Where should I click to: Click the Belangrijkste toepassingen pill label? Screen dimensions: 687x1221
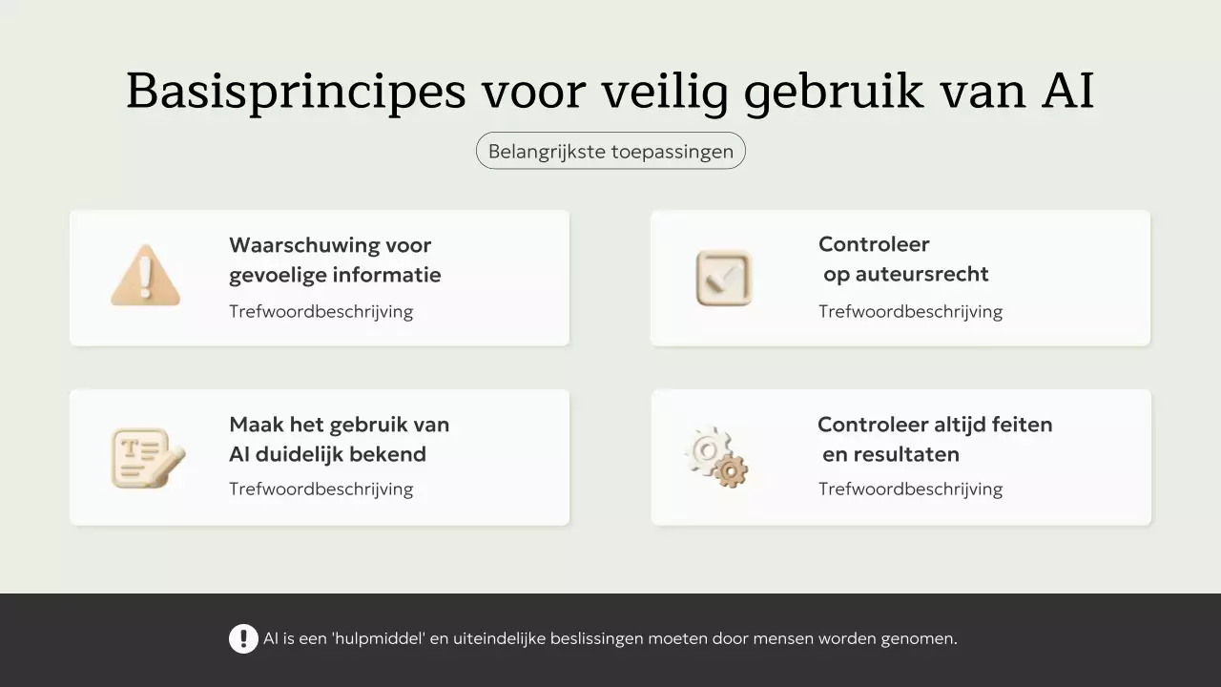tap(610, 151)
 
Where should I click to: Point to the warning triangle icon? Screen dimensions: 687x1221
tap(145, 276)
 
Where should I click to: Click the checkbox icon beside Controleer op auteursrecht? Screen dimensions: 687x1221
tap(724, 278)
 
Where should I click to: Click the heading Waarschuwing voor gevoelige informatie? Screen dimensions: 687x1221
tap(335, 260)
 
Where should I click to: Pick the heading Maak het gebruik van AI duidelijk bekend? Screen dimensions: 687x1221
tap(339, 439)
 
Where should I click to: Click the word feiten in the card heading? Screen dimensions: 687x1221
tap(1022, 425)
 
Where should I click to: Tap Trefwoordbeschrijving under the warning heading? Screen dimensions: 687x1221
tap(321, 312)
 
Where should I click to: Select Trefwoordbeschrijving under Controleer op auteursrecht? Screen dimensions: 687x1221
tap(910, 312)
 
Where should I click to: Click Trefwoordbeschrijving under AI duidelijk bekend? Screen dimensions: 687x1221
tap(321, 489)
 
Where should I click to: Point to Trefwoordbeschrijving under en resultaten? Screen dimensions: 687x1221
tap(910, 489)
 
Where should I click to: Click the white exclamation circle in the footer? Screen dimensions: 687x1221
tap(243, 638)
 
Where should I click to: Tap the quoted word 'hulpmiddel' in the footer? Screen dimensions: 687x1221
tap(378, 638)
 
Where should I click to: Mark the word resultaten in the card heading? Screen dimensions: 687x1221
tap(891, 454)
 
